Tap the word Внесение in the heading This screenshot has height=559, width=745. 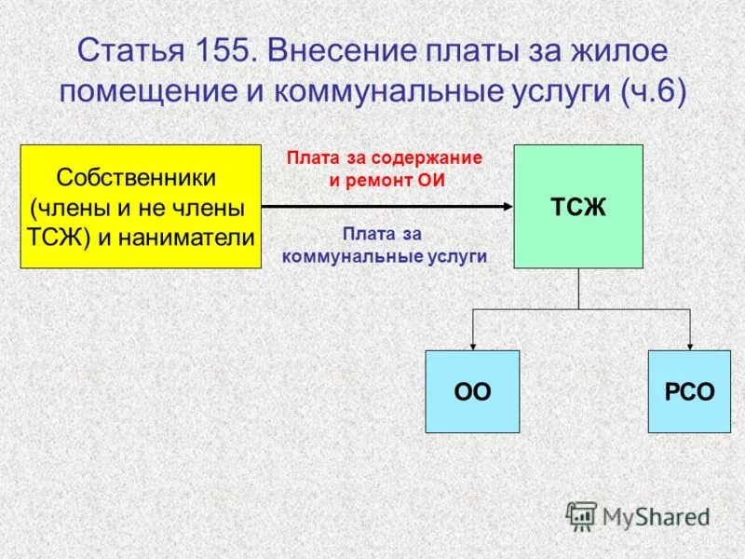[336, 49]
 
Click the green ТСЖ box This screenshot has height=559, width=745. [578, 206]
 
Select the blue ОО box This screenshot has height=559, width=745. [472, 391]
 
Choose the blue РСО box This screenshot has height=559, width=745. [689, 391]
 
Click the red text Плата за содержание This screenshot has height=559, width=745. [384, 158]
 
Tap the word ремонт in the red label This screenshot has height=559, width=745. [378, 182]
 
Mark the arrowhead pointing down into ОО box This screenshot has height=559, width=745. [472, 345]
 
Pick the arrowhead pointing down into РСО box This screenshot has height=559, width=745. [689, 345]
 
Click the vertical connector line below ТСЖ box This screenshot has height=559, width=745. [578, 289]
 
